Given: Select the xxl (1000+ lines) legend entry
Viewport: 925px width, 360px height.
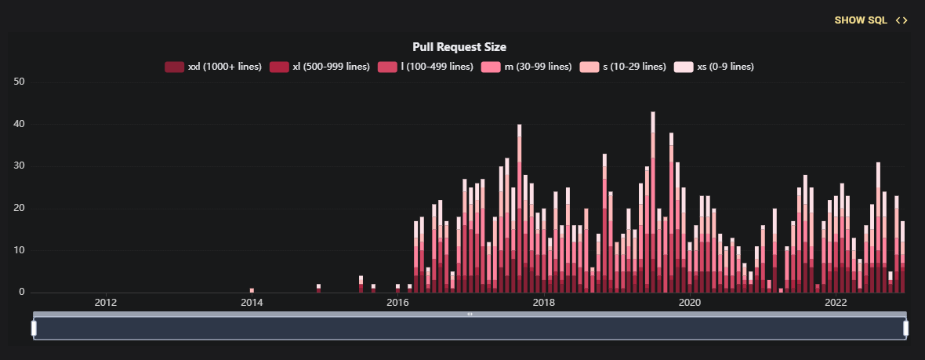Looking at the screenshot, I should tap(213, 67).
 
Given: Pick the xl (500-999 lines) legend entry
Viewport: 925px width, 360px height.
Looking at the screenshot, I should tap(320, 67).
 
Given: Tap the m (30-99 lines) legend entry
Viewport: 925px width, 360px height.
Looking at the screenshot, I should tap(527, 67).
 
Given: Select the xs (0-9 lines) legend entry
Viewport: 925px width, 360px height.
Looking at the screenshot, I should tap(714, 67).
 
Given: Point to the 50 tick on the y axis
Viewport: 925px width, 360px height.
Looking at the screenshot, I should tap(20, 82).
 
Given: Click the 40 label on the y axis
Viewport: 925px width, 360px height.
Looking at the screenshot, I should tap(20, 124).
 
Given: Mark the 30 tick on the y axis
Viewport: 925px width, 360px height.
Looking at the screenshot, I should tap(20, 166).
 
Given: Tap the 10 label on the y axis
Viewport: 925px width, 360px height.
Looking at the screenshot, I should tap(20, 250).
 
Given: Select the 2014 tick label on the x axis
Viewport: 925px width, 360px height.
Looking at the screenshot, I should tap(251, 303).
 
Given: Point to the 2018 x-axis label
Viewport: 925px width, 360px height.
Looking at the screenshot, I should tap(543, 303).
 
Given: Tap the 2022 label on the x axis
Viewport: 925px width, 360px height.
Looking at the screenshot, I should tap(836, 303).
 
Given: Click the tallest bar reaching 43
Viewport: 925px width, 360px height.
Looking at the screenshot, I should tap(653, 204).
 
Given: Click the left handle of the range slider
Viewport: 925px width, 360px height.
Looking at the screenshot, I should tap(34, 328).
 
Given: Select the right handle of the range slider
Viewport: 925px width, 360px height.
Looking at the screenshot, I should tap(906, 328).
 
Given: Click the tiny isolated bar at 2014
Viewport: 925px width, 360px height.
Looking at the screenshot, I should tap(252, 290).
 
